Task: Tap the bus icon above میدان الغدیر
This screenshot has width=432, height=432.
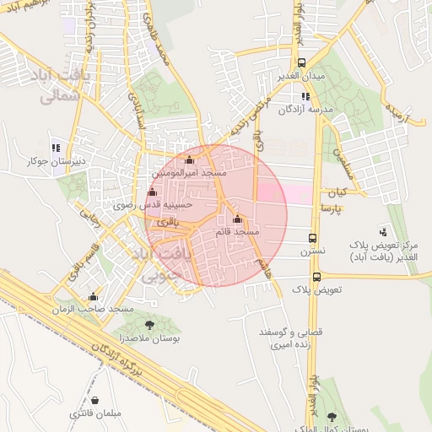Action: point(302,63)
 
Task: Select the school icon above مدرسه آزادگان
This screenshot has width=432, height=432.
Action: point(305,96)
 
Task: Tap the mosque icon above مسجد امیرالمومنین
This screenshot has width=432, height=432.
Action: point(189,159)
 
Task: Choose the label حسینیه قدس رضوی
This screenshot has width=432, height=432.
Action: point(154,204)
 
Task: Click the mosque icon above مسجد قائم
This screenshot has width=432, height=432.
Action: point(237,219)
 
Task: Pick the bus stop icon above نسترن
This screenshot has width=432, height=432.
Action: point(313,239)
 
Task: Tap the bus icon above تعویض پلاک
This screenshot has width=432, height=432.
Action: point(316,277)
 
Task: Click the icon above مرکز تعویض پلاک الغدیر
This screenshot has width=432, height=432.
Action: point(384,231)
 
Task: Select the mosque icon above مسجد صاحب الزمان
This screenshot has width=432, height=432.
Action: point(93,297)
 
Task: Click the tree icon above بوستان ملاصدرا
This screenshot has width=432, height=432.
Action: point(149,325)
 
